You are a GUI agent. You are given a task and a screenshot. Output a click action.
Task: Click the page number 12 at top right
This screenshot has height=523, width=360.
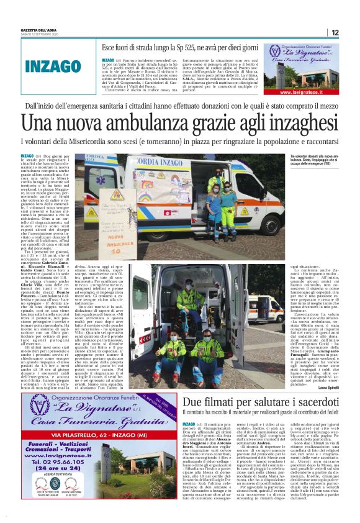tap(334, 32)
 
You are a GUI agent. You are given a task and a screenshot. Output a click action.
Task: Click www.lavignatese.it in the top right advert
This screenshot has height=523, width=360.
tap(301, 91)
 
